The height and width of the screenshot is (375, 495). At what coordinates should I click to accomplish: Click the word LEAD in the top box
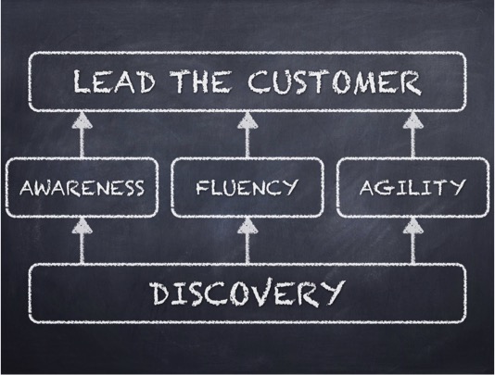tap(114, 81)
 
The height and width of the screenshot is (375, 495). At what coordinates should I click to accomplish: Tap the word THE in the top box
tap(200, 81)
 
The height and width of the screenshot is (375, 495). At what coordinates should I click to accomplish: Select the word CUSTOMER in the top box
tap(335, 82)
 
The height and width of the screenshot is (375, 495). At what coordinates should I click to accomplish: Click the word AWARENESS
tap(82, 187)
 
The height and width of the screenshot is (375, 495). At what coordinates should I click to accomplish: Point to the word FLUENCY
tap(247, 187)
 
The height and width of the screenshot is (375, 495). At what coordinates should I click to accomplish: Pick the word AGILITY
tap(412, 187)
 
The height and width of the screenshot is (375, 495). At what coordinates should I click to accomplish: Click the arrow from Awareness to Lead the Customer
tap(82, 134)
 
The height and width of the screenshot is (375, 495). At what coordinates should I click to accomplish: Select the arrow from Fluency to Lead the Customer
tap(247, 134)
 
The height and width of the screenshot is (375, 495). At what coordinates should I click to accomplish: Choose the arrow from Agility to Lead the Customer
tap(412, 134)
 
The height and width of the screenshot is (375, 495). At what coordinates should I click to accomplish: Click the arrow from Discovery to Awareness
tap(82, 241)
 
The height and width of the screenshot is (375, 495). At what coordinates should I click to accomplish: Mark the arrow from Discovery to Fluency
tap(247, 241)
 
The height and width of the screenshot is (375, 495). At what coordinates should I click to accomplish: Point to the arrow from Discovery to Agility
tap(412, 241)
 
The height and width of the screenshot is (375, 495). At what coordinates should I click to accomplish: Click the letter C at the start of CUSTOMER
tap(259, 82)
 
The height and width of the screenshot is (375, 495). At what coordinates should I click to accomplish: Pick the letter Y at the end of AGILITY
tap(457, 187)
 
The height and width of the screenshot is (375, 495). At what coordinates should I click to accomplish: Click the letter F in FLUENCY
tap(202, 187)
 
